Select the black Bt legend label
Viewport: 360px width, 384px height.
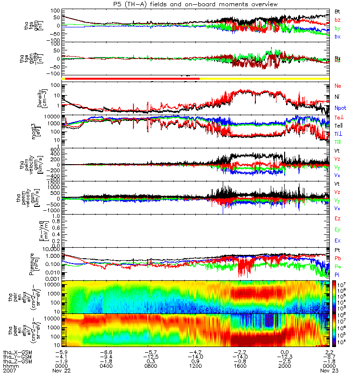337,11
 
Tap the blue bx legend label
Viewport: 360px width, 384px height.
337,36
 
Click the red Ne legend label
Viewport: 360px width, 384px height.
338,86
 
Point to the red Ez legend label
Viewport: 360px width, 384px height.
337,219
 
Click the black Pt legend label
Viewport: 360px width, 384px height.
337,251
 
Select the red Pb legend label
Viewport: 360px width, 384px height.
337,258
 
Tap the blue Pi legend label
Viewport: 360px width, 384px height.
337,274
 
